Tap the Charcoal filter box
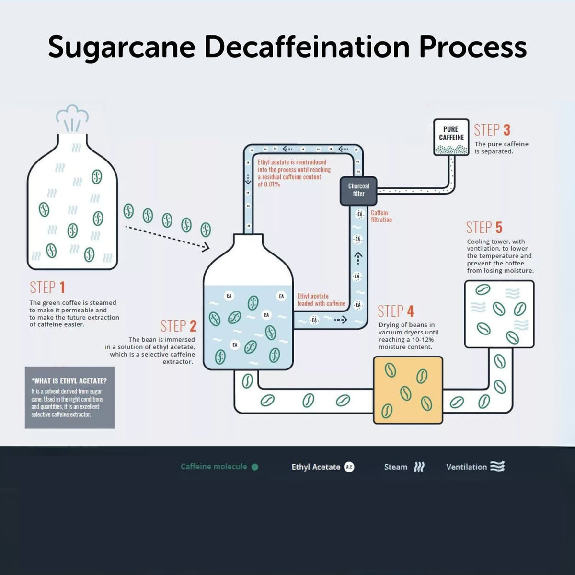pos(358,190)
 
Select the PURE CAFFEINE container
pos(451,137)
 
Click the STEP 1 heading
pos(47,287)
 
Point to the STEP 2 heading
pos(178,326)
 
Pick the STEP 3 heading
pos(492,130)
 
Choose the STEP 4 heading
pos(395,311)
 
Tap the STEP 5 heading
pos(484,228)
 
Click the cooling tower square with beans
pos(499,314)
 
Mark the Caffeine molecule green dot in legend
pos(255,467)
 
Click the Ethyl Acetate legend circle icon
pos(349,467)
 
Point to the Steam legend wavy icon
pos(419,467)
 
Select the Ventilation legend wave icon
pos(497,466)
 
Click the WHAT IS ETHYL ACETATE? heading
pos(69,381)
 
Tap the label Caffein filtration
pos(381,216)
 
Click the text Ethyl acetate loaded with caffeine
pos(321,300)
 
